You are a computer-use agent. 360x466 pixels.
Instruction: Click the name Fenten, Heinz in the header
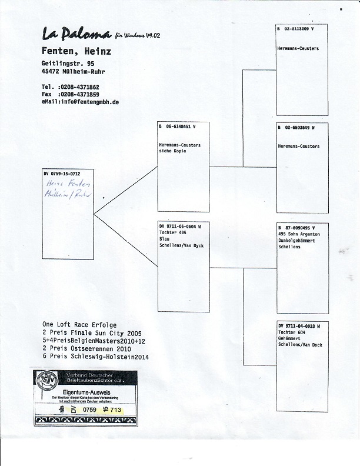[76, 51]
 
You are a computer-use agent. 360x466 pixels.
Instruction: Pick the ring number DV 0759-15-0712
[62, 174]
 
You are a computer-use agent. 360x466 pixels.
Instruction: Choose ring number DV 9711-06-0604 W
[181, 226]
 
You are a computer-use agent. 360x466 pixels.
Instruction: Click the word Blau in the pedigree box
[165, 239]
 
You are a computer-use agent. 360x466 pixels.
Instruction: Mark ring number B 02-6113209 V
[296, 28]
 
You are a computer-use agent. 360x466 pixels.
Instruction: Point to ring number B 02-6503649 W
[296, 127]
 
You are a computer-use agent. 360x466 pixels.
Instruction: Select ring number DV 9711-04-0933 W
[299, 325]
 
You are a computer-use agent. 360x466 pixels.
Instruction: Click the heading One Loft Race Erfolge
[79, 324]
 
